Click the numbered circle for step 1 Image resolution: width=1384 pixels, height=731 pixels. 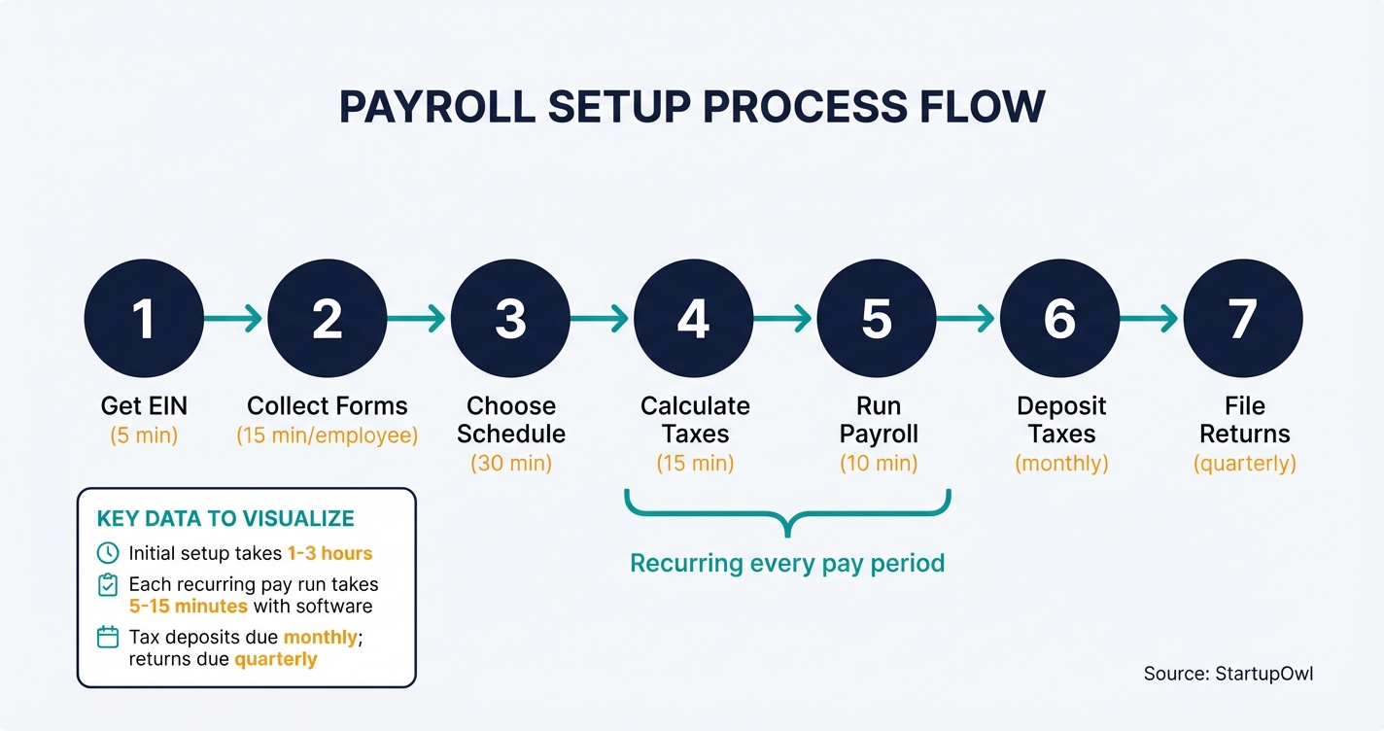pyautogui.click(x=144, y=318)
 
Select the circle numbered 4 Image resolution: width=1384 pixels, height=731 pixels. pyautogui.click(x=693, y=318)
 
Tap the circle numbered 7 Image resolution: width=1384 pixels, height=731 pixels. pyautogui.click(x=1243, y=318)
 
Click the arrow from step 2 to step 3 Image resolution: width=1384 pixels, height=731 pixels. pyautogui.click(x=418, y=318)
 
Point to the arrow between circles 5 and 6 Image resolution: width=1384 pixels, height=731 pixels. pyautogui.click(x=967, y=318)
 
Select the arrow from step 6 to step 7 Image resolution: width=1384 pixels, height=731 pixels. pyautogui.click(x=1151, y=318)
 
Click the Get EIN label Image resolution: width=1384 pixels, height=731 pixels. pyautogui.click(x=144, y=406)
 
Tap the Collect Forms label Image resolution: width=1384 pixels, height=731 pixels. pyautogui.click(x=328, y=406)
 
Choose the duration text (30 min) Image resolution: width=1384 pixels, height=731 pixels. pyautogui.click(x=511, y=464)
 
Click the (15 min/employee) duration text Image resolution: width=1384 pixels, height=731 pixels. pyautogui.click(x=328, y=435)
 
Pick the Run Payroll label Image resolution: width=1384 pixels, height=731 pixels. pyautogui.click(x=879, y=420)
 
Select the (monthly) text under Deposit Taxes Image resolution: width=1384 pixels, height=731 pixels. pyautogui.click(x=1061, y=464)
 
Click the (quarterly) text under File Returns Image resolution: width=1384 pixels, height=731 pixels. pyautogui.click(x=1245, y=464)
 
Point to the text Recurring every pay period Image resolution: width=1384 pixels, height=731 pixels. pyautogui.click(x=787, y=563)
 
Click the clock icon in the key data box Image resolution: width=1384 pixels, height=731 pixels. pyautogui.click(x=108, y=553)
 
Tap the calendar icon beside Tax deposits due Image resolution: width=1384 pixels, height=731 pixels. pyautogui.click(x=108, y=638)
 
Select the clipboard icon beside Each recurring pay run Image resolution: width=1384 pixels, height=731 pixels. pyautogui.click(x=108, y=585)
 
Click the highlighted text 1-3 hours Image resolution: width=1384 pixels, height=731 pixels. pyautogui.click(x=329, y=553)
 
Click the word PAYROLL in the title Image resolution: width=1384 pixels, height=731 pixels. pyautogui.click(x=437, y=106)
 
